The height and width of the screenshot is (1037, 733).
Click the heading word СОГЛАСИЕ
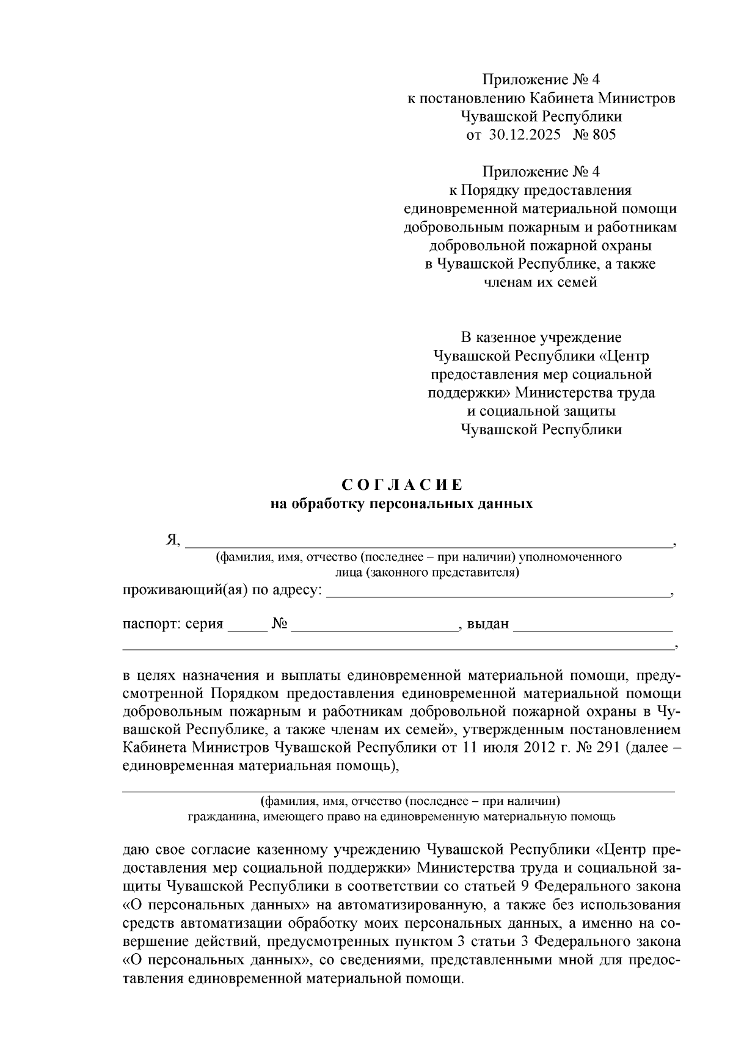click(402, 486)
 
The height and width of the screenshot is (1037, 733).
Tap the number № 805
click(594, 135)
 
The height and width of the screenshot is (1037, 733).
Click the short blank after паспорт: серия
click(247, 626)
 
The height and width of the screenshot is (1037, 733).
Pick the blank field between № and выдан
click(374, 626)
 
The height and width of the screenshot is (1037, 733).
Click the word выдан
click(487, 625)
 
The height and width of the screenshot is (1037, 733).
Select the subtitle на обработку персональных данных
click(402, 504)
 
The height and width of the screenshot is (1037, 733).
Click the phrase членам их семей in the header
click(540, 283)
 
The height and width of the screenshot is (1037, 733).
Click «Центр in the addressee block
click(623, 356)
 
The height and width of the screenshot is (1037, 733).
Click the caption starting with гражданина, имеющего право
click(401, 817)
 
